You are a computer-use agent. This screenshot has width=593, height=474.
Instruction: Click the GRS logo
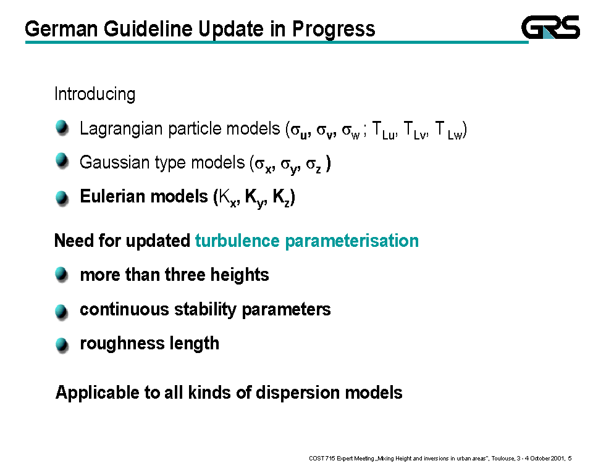click(550, 27)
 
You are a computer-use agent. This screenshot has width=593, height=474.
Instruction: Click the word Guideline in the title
click(149, 29)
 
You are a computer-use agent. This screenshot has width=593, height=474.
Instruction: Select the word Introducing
click(95, 94)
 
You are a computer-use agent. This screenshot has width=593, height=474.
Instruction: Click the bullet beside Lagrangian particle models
click(62, 127)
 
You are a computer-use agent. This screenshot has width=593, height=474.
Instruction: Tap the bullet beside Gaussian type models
click(62, 160)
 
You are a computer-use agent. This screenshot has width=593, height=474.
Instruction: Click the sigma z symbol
click(314, 165)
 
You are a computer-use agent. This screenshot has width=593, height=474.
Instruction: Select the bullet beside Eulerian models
click(62, 197)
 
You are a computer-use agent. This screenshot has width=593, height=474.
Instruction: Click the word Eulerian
click(112, 196)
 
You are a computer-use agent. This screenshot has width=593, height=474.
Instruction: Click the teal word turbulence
click(237, 241)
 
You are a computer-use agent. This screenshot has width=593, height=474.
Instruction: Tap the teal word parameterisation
click(351, 241)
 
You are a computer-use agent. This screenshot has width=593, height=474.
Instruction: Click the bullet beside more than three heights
click(62, 274)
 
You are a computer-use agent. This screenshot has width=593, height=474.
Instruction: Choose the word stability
click(205, 310)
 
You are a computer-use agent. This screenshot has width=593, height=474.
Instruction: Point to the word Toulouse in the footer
click(503, 459)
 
